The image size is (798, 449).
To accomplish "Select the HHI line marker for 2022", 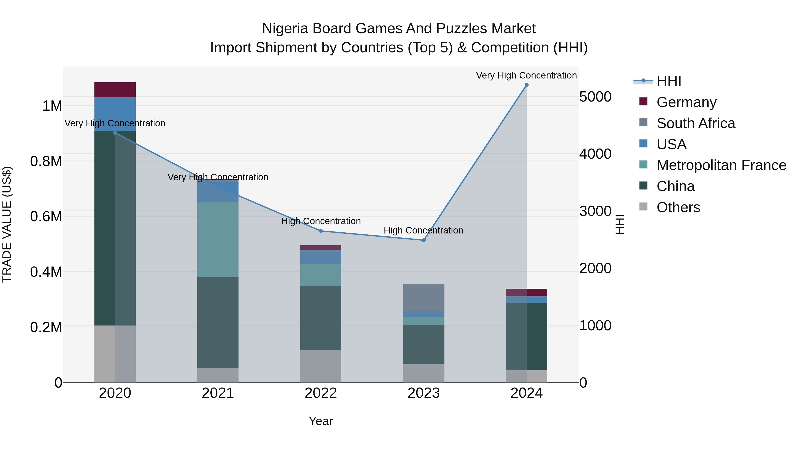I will pyautogui.click(x=321, y=231).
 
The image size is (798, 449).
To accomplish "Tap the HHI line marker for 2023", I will pyautogui.click(x=424, y=240).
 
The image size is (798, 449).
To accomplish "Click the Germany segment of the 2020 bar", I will pyautogui.click(x=115, y=90).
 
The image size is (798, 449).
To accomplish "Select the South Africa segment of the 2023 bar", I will pyautogui.click(x=424, y=298).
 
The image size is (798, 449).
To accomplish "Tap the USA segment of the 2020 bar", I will pyautogui.click(x=115, y=114).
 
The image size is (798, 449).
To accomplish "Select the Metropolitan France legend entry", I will pyautogui.click(x=721, y=165).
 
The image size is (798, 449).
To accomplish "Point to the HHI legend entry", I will pyautogui.click(x=669, y=81).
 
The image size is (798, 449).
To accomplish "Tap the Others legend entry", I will pyautogui.click(x=678, y=207).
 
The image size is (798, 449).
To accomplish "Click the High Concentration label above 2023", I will pyautogui.click(x=423, y=231).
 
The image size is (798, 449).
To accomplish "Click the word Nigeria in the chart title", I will pyautogui.click(x=285, y=29).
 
